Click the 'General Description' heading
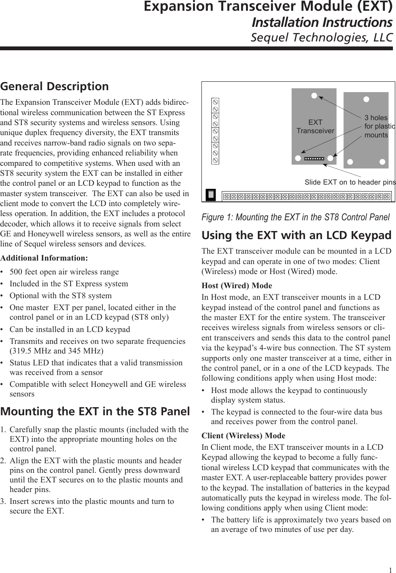54,86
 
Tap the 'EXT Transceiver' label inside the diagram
315,127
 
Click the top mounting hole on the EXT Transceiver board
314,96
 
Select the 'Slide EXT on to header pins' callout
350,182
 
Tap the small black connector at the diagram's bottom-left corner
211,195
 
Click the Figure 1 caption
295,217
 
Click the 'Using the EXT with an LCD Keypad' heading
297,235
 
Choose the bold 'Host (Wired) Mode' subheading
237,286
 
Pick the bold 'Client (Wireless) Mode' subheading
243,436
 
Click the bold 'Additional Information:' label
44,257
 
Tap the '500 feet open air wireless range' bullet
64,272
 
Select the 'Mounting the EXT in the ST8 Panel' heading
95,411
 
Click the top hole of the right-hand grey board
366,99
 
